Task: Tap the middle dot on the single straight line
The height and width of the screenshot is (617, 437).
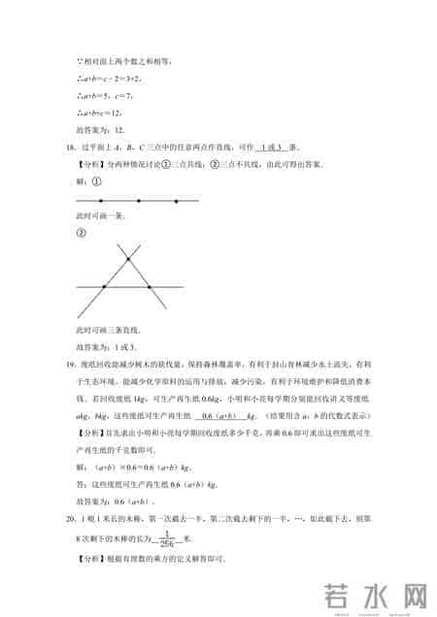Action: pyautogui.click(x=140, y=202)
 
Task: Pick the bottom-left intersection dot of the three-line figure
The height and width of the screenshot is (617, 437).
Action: pyautogui.click(x=105, y=287)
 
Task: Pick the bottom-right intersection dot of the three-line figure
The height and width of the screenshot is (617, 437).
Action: pyautogui.click(x=149, y=287)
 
